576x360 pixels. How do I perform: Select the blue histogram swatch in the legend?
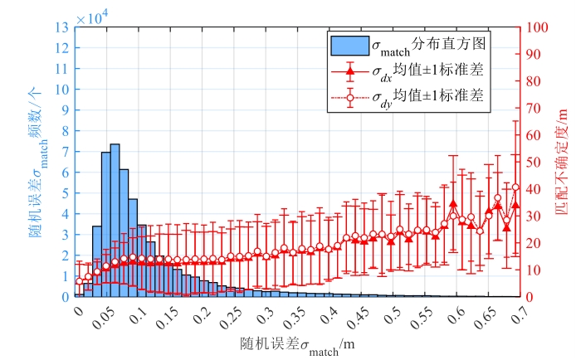[349, 42]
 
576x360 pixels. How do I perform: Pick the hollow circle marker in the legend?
[349, 99]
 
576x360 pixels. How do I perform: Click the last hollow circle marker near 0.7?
[515, 187]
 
